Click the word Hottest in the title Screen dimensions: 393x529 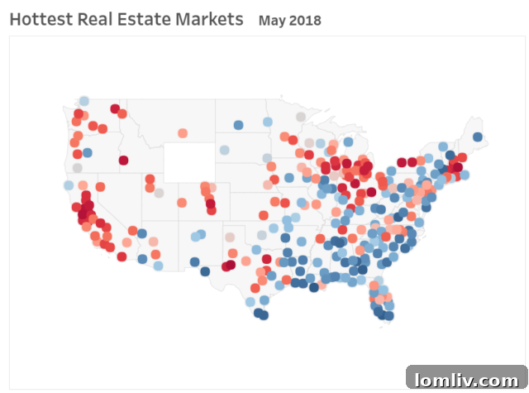(37, 18)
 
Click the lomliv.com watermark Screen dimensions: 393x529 (466, 379)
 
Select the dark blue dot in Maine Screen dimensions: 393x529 (478, 137)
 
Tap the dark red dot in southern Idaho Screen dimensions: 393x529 (123, 161)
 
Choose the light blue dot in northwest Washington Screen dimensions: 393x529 (83, 101)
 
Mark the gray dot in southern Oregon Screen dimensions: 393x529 (77, 168)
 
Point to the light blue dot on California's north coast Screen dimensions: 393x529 (69, 185)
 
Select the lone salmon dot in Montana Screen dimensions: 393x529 (183, 132)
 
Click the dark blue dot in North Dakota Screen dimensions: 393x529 (238, 125)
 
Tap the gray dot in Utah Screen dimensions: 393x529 (159, 193)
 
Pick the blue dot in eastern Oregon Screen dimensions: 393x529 (87, 153)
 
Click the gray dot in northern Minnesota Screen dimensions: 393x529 (301, 117)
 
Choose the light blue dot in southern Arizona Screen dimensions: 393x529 (158, 266)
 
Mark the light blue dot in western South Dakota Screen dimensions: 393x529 (224, 151)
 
